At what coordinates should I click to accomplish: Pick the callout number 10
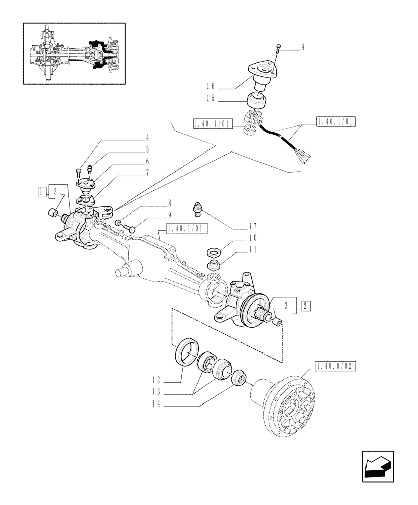[x=252, y=237]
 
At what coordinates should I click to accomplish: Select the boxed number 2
[x=306, y=305]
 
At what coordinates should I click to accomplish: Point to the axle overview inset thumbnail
[x=74, y=54]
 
